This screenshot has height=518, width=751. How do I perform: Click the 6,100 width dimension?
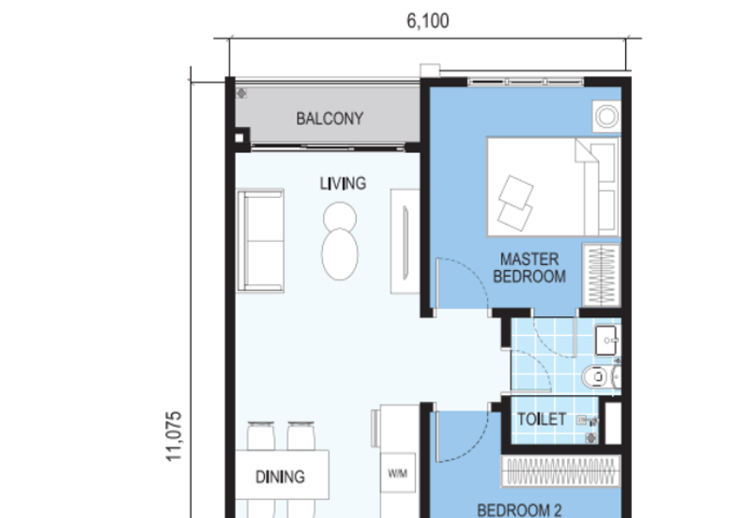click(x=427, y=21)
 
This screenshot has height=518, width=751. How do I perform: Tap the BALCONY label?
click(x=330, y=119)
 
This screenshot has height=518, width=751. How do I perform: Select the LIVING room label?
click(x=343, y=184)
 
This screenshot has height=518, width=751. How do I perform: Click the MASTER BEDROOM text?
click(x=532, y=267)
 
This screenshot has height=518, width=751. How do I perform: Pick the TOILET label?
click(x=543, y=419)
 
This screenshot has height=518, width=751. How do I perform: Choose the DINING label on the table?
click(x=280, y=477)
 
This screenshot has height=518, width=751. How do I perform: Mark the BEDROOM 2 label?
click(x=519, y=510)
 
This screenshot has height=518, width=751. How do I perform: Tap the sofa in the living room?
click(x=261, y=240)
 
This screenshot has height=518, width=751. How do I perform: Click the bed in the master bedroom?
click(x=552, y=188)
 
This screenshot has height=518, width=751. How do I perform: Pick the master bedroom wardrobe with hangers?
click(x=601, y=274)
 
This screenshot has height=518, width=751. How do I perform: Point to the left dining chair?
click(x=261, y=439)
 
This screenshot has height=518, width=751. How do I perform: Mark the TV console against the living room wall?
click(x=406, y=240)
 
